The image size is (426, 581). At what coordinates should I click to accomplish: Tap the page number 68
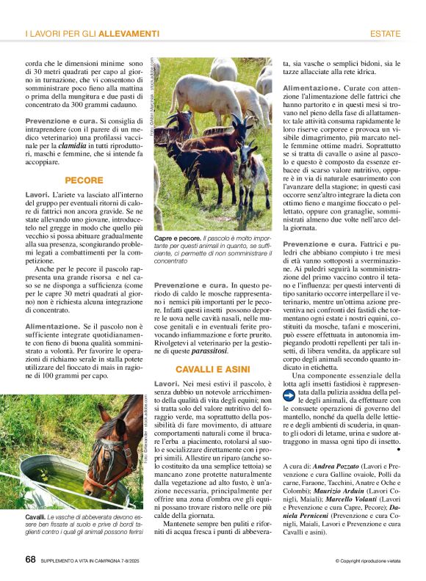point(30,559)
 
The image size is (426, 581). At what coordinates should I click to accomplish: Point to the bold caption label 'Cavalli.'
point(36,518)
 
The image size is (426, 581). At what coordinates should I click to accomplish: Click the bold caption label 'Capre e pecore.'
point(176,239)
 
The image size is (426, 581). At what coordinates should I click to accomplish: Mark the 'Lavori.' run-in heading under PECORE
point(37,194)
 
